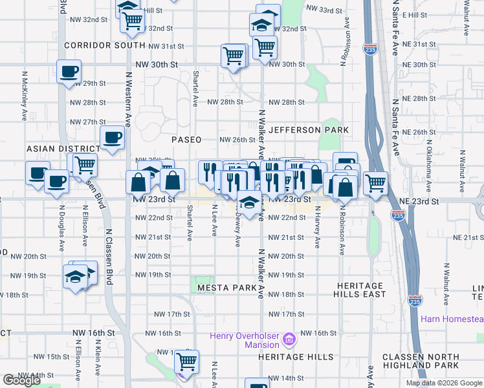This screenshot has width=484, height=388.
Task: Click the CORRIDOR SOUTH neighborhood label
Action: pyautogui.click(x=105, y=45)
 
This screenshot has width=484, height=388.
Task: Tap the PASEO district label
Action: pyautogui.click(x=186, y=140)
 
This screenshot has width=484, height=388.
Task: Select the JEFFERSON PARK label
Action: pyautogui.click(x=309, y=130)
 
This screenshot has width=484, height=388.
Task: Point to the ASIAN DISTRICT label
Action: pyautogui.click(x=55, y=149)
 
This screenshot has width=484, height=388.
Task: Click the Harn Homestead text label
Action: pyautogui.click(x=452, y=319)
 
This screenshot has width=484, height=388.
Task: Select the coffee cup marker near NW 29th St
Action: pyautogui.click(x=68, y=72)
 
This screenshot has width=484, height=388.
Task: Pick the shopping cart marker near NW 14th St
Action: pyautogui.click(x=186, y=361)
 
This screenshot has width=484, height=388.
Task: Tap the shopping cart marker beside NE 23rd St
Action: pyautogui.click(x=375, y=183)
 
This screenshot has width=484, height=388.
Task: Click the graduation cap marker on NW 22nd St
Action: pyautogui.click(x=247, y=202)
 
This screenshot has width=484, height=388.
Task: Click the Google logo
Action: pyautogui.click(x=21, y=380)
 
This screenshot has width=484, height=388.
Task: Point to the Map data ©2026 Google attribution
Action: pyautogui.click(x=443, y=383)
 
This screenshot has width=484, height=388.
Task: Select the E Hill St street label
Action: pyautogui.click(x=415, y=14)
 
